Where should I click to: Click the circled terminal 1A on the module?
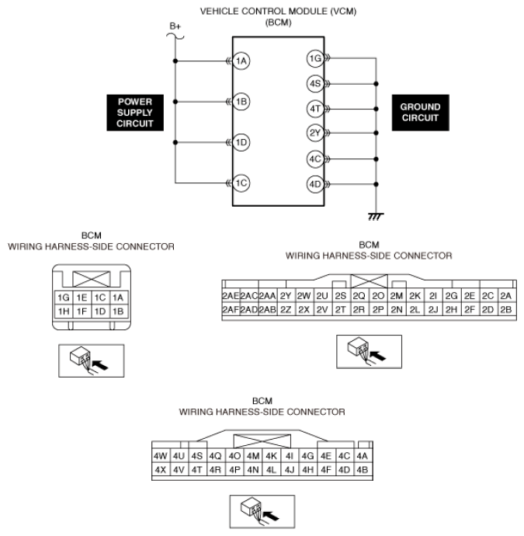[x=241, y=61]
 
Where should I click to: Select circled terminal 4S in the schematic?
[x=314, y=82]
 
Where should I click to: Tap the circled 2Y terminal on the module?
[x=314, y=132]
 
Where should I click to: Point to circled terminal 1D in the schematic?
[x=241, y=142]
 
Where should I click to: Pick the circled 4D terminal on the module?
[x=314, y=185]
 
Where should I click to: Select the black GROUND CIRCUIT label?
[x=420, y=113]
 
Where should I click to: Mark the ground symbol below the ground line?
[x=376, y=214]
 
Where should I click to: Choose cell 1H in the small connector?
[x=64, y=311]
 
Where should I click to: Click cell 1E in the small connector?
[x=82, y=297]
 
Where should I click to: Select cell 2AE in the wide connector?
[x=230, y=296]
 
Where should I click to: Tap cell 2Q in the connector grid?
[x=359, y=296]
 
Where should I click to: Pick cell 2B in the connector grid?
[x=505, y=310]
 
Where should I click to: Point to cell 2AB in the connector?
[x=267, y=310]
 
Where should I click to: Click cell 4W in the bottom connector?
[x=161, y=456]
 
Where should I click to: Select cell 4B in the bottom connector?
[x=363, y=470]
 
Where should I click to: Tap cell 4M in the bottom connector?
[x=253, y=456]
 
